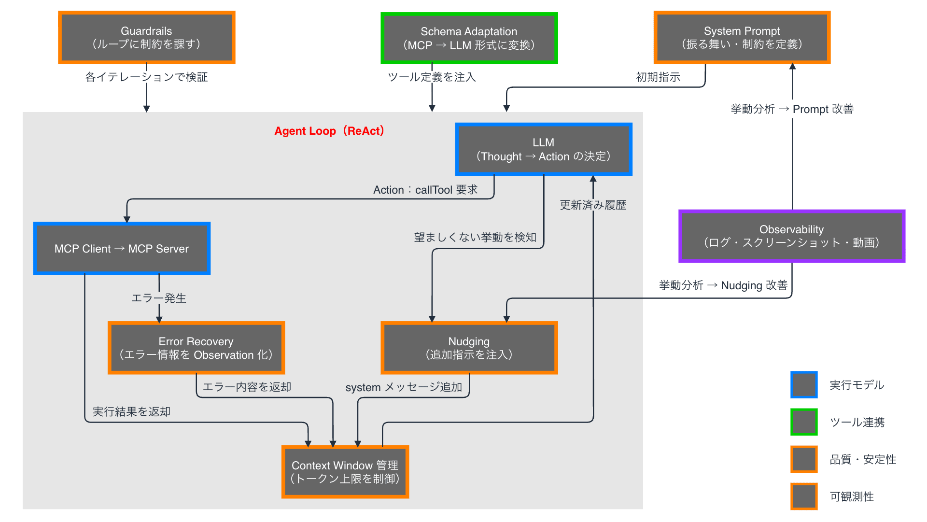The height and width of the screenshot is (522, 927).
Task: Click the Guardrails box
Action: click(146, 38)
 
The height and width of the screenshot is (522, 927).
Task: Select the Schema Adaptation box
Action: click(469, 38)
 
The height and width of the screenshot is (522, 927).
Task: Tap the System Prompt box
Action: click(742, 38)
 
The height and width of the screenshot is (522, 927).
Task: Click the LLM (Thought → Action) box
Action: click(544, 149)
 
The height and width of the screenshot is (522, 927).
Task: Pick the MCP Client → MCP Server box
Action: click(122, 249)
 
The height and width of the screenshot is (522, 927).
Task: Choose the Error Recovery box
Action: click(196, 348)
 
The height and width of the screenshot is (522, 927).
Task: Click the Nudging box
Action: click(469, 348)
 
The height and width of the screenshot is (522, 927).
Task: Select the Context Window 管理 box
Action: click(345, 472)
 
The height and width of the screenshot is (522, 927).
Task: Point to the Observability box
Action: click(791, 236)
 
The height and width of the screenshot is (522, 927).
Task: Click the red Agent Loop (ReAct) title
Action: click(329, 131)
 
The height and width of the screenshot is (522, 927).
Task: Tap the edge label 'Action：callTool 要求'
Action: click(425, 190)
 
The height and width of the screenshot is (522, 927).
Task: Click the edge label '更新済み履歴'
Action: click(593, 205)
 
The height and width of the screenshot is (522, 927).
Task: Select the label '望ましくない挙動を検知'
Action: click(475, 237)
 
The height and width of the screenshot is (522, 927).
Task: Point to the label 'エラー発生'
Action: click(159, 298)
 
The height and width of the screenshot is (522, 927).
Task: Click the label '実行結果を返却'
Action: click(131, 411)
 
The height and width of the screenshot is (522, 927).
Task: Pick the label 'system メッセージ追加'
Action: click(404, 387)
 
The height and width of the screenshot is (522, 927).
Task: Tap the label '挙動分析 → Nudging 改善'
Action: click(723, 285)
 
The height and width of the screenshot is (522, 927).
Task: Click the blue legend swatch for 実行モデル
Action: click(804, 385)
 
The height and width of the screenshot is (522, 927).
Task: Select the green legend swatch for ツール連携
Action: click(804, 422)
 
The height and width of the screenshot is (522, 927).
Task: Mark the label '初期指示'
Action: click(658, 77)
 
